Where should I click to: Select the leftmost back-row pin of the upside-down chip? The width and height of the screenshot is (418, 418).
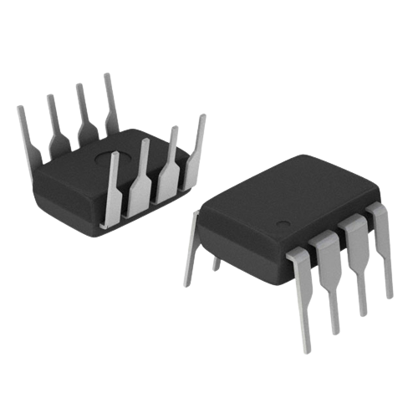click(26, 134)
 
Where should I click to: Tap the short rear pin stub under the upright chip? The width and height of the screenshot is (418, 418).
click(217, 263)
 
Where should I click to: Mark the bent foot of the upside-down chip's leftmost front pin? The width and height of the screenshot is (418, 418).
click(104, 219)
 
